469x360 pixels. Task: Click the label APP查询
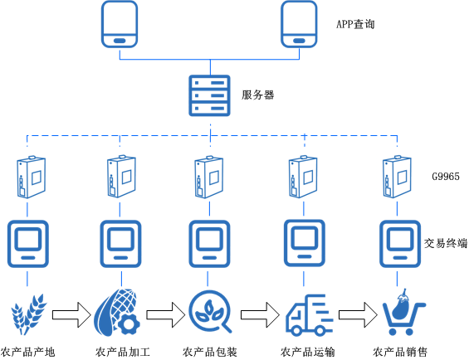355,25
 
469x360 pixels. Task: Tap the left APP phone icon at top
120,25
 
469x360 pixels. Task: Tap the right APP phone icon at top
299,25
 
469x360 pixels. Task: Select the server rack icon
209,95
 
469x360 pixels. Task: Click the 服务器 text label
257,95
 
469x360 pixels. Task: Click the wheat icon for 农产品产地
27,315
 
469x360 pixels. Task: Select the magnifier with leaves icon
208,314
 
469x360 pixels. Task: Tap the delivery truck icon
309,316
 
